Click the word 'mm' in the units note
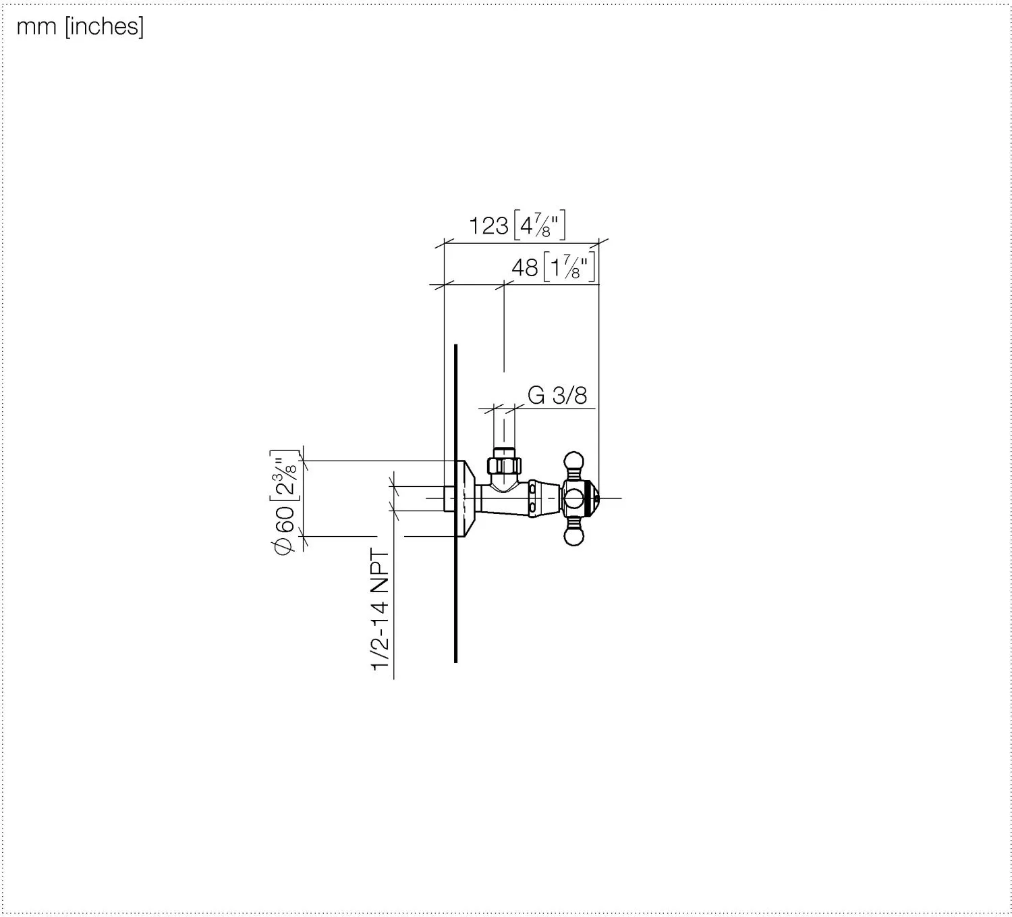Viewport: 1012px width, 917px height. (x=36, y=28)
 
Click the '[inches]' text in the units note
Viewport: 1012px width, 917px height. (x=104, y=28)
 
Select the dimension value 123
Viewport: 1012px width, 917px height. (x=488, y=226)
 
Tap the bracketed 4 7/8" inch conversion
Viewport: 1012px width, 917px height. (x=540, y=226)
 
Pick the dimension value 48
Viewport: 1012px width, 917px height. (x=525, y=268)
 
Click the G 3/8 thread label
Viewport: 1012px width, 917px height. (x=557, y=395)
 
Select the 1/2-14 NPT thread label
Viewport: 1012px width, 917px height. (x=381, y=610)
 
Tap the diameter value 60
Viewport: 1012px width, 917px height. (x=285, y=520)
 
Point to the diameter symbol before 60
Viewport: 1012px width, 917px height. (x=285, y=548)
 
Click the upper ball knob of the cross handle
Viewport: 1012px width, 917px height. (x=573, y=462)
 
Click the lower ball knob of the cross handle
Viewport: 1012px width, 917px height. (x=573, y=536)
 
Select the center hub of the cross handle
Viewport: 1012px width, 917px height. (x=574, y=499)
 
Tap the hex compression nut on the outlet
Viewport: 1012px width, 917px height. (x=504, y=465)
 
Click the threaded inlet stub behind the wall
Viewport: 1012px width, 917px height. (x=449, y=499)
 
